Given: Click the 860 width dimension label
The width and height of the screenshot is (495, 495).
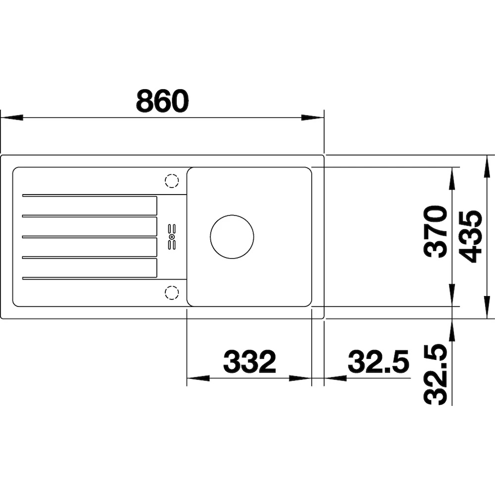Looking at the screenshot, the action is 162,100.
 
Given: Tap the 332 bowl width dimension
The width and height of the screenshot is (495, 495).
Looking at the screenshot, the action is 249,361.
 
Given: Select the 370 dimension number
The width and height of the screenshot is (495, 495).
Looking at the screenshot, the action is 436,232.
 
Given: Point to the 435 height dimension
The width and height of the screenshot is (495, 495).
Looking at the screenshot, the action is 470,237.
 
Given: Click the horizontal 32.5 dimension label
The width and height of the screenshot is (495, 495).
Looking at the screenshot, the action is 378,361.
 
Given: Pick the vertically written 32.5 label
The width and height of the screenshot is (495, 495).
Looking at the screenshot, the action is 436,374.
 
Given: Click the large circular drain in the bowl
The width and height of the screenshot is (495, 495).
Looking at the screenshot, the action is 232,237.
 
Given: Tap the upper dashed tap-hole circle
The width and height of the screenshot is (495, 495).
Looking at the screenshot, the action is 172,181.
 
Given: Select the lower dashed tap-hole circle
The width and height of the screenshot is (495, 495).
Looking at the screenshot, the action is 172,293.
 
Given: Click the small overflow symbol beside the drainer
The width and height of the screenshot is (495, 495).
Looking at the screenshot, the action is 172,237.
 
